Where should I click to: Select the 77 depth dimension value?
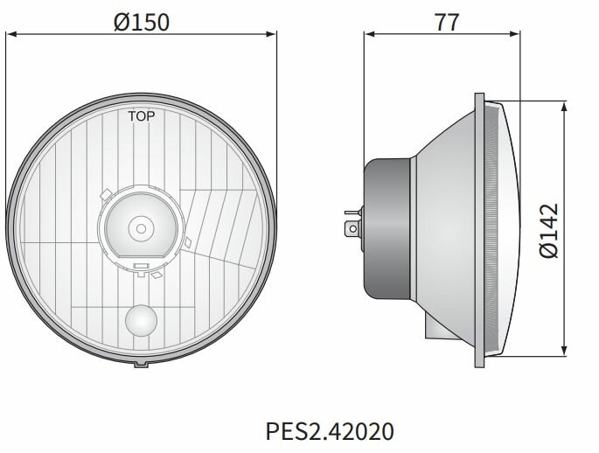446,23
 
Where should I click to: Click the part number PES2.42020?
330,430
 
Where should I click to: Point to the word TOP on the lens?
141,115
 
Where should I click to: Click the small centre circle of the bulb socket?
140,227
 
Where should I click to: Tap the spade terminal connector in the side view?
352,228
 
